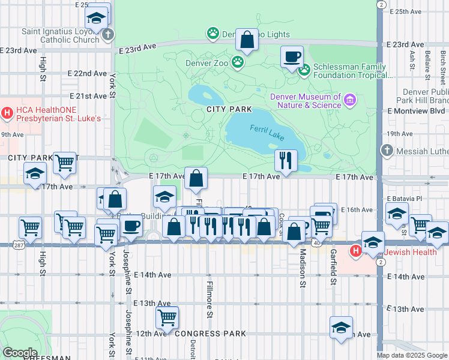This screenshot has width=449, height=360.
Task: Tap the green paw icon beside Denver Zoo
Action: [x=238, y=61]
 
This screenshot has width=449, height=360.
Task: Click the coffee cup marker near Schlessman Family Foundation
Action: [x=292, y=56]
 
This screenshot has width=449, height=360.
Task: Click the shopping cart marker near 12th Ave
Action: [x=167, y=317]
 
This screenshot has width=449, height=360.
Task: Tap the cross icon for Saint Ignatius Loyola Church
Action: [x=107, y=34]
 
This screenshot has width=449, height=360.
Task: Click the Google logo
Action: [x=20, y=352]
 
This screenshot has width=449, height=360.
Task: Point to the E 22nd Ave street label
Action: [x=87, y=73]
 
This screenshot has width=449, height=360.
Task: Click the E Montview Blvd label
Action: [x=416, y=111]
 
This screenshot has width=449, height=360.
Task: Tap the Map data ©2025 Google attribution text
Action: [x=412, y=355]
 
